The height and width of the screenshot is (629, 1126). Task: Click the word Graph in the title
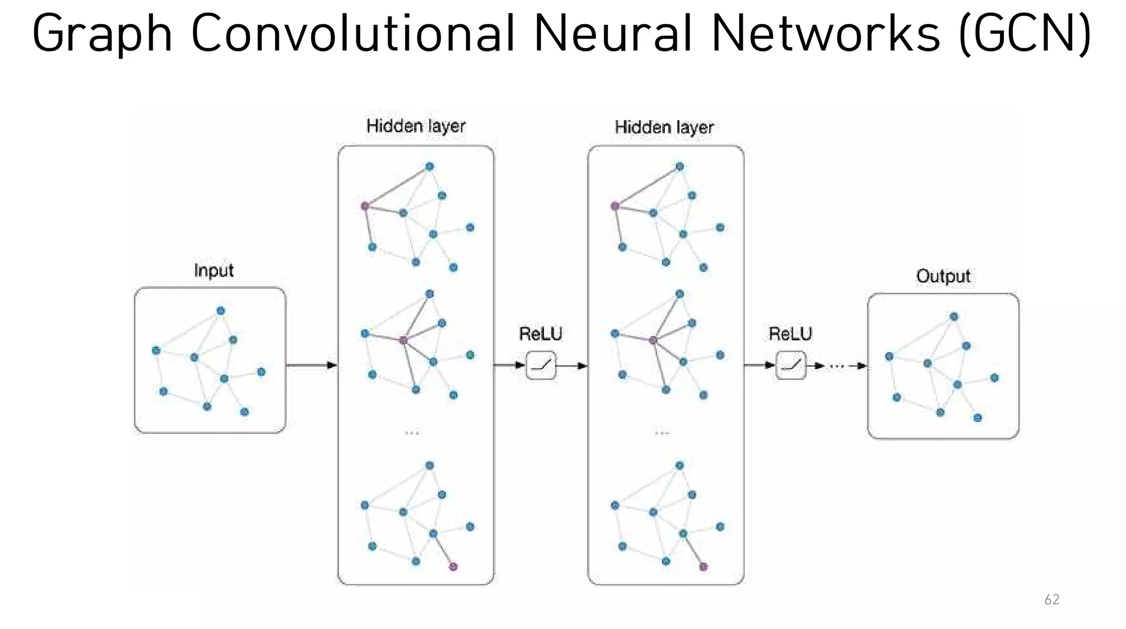point(102,34)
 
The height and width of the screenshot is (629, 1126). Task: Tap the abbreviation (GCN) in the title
point(1024,34)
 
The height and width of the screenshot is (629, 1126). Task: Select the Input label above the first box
point(214,270)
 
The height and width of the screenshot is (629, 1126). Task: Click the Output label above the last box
point(943,276)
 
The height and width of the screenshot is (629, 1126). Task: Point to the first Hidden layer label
point(416,126)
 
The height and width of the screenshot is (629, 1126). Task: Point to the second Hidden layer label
point(664,127)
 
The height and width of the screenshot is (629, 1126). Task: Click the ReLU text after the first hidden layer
point(540,333)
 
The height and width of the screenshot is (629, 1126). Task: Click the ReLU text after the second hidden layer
point(790,333)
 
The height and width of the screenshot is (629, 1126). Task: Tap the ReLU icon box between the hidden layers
point(541,365)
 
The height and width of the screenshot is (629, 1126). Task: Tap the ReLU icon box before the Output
point(791,365)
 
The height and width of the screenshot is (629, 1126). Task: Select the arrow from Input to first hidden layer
point(311,365)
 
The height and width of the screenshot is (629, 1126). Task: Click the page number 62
point(1051,599)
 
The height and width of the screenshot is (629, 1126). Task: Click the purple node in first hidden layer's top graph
point(365,206)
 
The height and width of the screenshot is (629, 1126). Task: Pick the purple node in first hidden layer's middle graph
point(403,340)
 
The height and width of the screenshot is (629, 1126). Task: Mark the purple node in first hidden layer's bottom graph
point(453,566)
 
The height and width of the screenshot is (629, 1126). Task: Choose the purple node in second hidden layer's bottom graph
point(703,566)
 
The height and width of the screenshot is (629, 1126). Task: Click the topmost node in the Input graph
point(220,311)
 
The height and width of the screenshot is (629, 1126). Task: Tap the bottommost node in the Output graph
point(978,418)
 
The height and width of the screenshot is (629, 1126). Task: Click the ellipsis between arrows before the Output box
point(836,366)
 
